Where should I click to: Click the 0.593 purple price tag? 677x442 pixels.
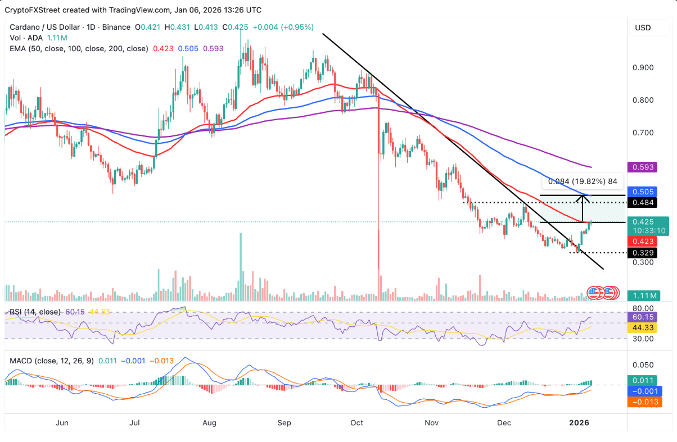click(643, 167)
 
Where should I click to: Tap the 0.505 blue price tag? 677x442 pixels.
click(643, 191)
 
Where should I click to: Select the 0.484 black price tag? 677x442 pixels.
click(643, 202)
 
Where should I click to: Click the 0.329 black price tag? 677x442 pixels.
click(643, 253)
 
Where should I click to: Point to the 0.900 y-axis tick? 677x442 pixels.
click(643, 67)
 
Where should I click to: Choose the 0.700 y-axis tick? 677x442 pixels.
click(643, 133)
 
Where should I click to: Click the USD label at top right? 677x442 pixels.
click(643, 28)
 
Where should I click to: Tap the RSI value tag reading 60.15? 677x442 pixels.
click(643, 318)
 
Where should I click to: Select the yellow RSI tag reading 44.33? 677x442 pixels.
click(643, 328)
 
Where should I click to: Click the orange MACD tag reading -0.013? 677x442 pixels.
click(643, 402)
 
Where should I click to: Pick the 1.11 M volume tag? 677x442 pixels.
click(643, 295)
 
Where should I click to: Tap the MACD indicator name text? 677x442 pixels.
click(21, 361)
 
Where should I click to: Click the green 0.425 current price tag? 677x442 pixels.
click(643, 221)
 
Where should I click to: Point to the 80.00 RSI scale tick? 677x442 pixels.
click(643, 308)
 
